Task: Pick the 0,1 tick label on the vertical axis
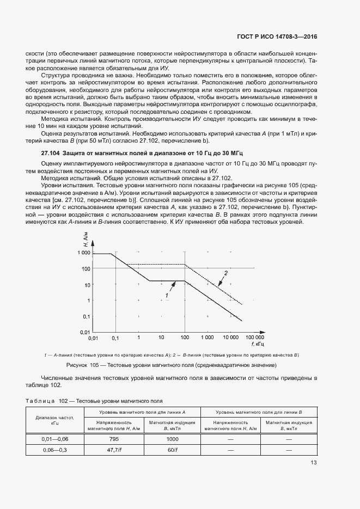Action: point(86,316)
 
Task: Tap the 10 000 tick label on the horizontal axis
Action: point(231,338)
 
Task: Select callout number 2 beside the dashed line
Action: point(225,272)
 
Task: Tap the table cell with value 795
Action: point(114,439)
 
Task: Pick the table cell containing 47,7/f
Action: point(114,450)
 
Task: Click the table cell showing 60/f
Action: point(172,450)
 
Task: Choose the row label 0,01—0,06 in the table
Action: point(54,439)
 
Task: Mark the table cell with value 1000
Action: point(172,439)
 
